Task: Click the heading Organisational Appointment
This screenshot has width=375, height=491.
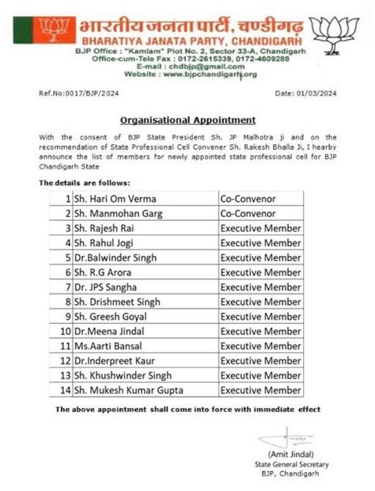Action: (187, 120)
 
